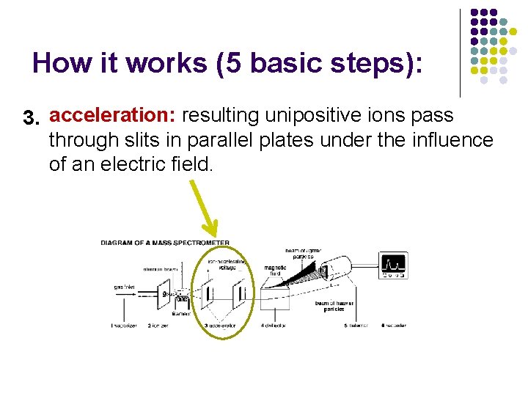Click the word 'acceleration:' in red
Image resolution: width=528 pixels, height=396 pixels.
(113, 116)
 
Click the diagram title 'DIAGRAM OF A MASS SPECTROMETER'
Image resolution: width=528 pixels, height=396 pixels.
(165, 243)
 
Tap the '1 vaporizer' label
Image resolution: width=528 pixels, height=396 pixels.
(125, 325)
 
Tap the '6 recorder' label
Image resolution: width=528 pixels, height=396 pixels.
(392, 325)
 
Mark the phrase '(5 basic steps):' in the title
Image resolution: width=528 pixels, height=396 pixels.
(320, 63)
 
